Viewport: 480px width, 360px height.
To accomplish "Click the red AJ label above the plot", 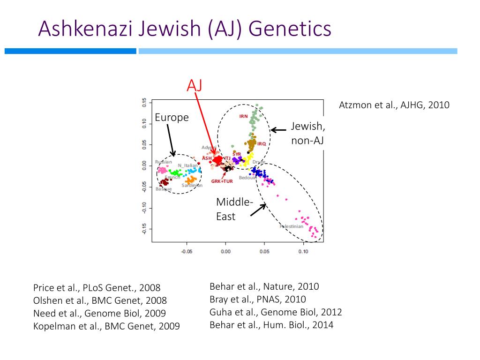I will pyautogui.click(x=195, y=85).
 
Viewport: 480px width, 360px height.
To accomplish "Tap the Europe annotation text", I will pyautogui.click(x=172, y=118).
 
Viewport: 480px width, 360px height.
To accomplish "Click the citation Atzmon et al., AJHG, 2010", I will pyautogui.click(x=394, y=105).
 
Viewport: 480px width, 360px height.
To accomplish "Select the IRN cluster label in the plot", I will pyautogui.click(x=243, y=116).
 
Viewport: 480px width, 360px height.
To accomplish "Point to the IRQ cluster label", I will pyautogui.click(x=262, y=143).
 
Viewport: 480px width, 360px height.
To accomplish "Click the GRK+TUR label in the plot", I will pyautogui.click(x=222, y=181).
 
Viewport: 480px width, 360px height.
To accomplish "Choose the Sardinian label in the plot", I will pyautogui.click(x=192, y=186).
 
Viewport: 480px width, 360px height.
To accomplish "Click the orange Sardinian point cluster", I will pyautogui.click(x=190, y=180).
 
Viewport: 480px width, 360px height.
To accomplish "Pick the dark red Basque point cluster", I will pyautogui.click(x=164, y=182).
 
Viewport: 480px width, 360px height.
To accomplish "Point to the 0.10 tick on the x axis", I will pyautogui.click(x=303, y=252).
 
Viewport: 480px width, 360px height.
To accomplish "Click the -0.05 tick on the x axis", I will pyautogui.click(x=187, y=252).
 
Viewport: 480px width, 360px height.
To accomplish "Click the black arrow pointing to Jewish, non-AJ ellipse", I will pyautogui.click(x=278, y=130).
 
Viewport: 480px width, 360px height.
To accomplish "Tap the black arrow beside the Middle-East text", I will pyautogui.click(x=258, y=210).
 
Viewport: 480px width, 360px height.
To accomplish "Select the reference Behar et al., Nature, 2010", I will pyautogui.click(x=264, y=286).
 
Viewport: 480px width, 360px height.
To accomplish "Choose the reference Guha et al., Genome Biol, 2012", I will pyautogui.click(x=276, y=312).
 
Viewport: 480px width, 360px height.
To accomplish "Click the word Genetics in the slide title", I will pyautogui.click(x=290, y=29).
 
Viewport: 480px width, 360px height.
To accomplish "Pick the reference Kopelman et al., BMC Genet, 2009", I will pyautogui.click(x=106, y=326).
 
